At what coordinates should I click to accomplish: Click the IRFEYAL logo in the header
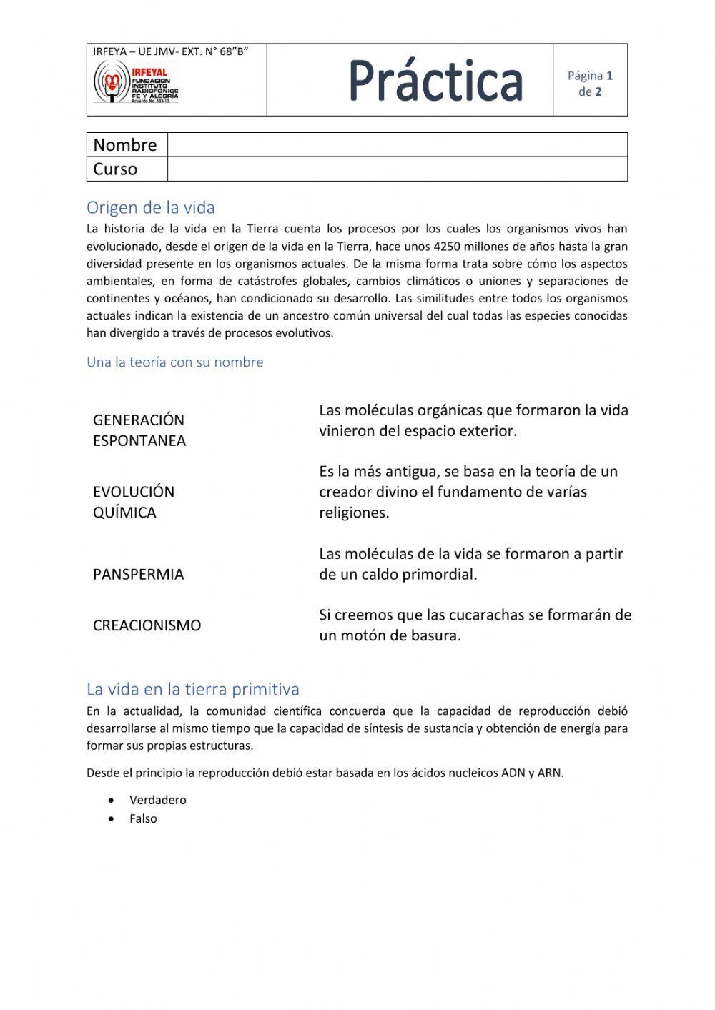136,82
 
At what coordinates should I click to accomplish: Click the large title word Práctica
436,80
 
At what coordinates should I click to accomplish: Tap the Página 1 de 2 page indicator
590,84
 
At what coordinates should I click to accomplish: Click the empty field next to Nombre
397,144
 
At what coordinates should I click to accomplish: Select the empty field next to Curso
397,169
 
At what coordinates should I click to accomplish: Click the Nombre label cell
126,144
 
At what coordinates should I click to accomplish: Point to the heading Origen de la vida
151,207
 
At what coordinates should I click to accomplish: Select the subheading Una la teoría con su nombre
175,362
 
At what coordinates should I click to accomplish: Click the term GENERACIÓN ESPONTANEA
139,430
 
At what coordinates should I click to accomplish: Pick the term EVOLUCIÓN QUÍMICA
134,501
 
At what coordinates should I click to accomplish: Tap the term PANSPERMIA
139,574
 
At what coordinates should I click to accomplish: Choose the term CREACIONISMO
147,625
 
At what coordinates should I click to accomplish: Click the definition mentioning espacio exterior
473,420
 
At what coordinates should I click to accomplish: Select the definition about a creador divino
468,492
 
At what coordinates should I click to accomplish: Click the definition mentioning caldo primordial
470,563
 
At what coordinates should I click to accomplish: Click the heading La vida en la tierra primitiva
193,689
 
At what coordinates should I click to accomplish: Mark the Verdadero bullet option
157,800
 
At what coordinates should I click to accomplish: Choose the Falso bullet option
143,818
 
